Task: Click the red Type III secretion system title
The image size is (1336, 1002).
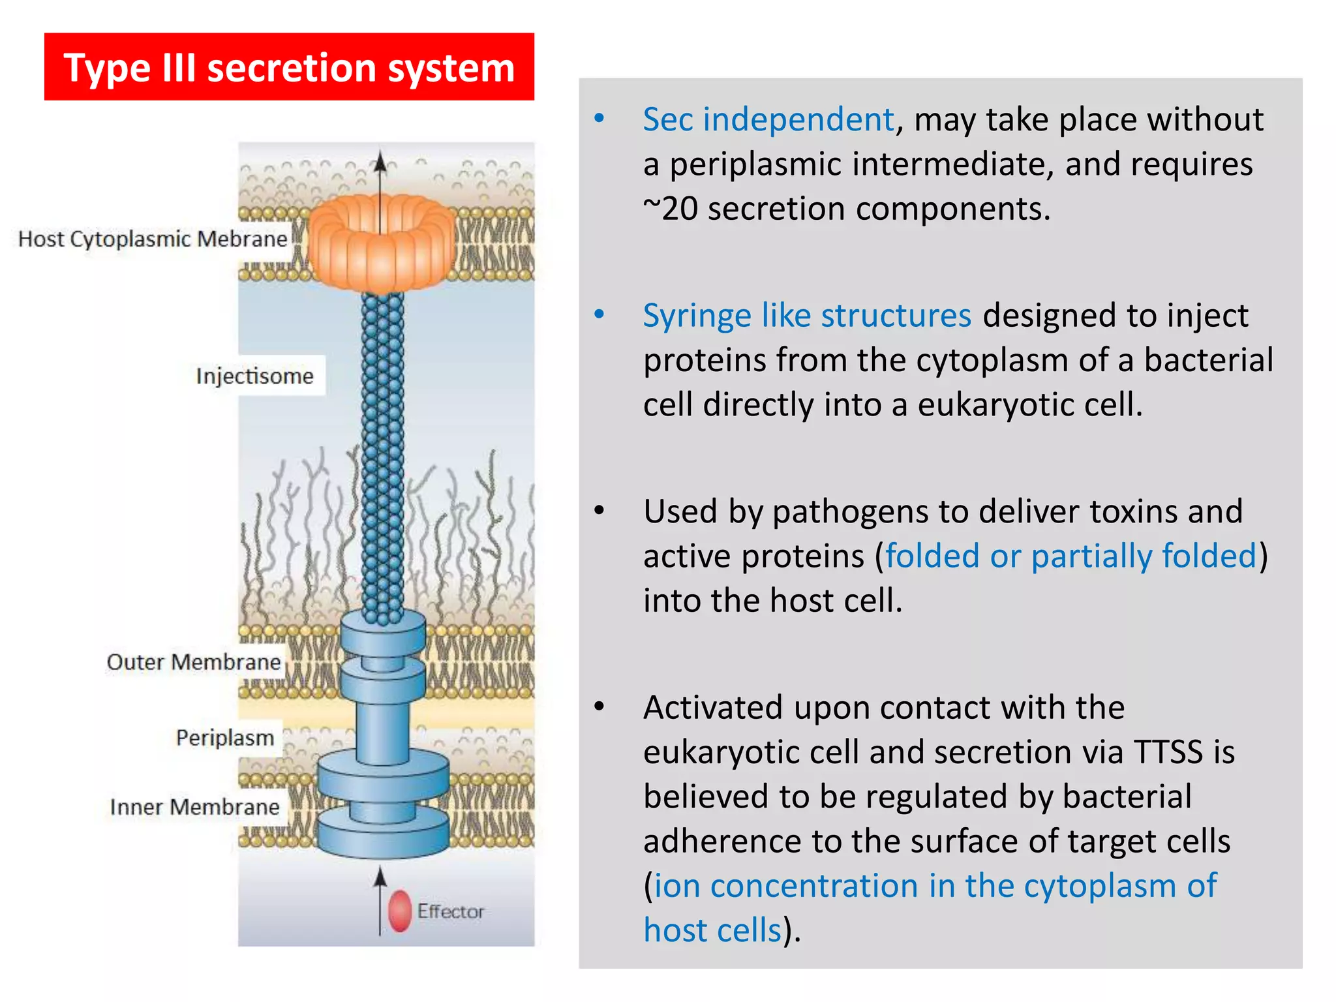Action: pyautogui.click(x=289, y=67)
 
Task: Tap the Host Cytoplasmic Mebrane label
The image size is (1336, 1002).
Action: pyautogui.click(x=153, y=239)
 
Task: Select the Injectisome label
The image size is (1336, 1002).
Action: pyautogui.click(x=255, y=376)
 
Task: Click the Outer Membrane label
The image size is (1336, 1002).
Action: pyautogui.click(x=194, y=662)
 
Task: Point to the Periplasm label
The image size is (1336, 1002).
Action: pyautogui.click(x=225, y=738)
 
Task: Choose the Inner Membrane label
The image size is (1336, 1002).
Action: pyautogui.click(x=194, y=807)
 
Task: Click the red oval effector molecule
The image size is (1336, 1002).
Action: pyautogui.click(x=400, y=911)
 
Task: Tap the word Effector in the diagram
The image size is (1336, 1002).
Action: pyautogui.click(x=451, y=911)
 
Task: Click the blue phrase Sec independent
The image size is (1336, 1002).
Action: pyautogui.click(x=768, y=119)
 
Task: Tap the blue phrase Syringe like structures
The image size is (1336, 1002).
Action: pyautogui.click(x=807, y=316)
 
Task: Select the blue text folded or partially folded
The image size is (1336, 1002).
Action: pyautogui.click(x=1070, y=556)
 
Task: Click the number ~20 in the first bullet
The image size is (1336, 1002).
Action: pyautogui.click(x=670, y=209)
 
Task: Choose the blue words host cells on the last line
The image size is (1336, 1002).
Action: pyautogui.click(x=712, y=930)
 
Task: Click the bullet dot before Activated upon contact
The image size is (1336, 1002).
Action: pyautogui.click(x=600, y=706)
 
